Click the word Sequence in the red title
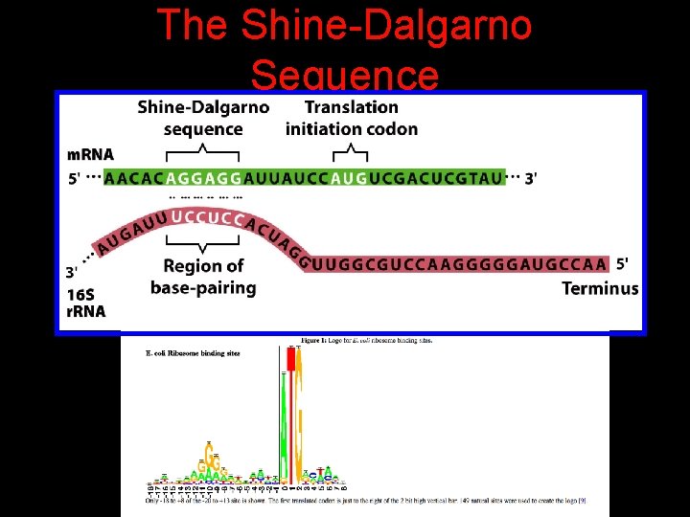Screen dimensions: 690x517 pos(344,75)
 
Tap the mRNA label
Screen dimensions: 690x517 pos(90,154)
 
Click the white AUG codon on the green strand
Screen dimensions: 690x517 pos(349,179)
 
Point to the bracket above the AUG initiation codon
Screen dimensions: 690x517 pos(355,150)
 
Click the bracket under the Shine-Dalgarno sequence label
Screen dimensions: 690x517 pos(202,150)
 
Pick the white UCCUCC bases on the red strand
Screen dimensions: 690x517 pos(205,218)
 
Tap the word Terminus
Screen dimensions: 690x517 pos(600,288)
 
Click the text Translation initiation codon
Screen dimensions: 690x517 pos(352,118)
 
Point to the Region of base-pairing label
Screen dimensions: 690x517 pos(203,277)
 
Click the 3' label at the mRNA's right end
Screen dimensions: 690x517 pos(531,179)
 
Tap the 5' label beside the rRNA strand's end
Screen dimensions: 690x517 pos(624,263)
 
